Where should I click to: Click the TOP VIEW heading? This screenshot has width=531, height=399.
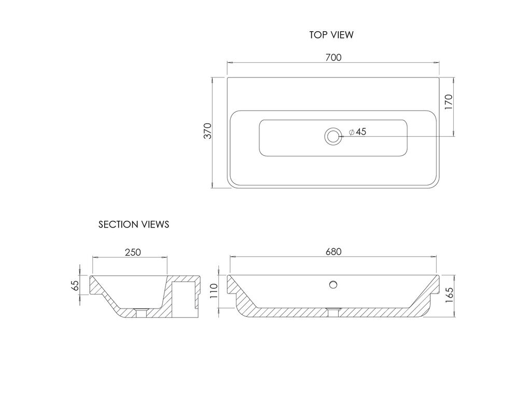[x=331, y=35]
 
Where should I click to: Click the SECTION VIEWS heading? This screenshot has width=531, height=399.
[x=134, y=224]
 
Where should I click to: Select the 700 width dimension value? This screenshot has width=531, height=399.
[x=333, y=58]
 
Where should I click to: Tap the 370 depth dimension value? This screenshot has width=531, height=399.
[x=207, y=131]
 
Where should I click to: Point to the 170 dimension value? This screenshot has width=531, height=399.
[x=449, y=102]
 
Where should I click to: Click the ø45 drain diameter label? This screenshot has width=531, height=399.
[x=358, y=131]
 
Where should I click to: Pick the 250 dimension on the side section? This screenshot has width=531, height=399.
[x=133, y=252]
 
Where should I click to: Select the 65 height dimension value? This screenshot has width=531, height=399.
[x=75, y=285]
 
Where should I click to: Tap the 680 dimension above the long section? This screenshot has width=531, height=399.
[x=333, y=252]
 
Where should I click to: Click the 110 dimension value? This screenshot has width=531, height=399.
[x=214, y=291]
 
